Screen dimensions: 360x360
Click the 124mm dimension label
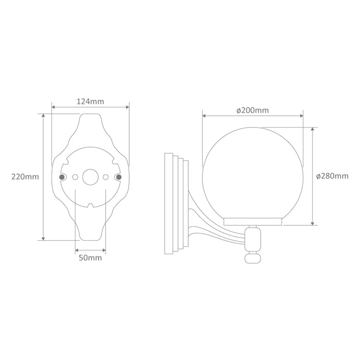tap(90, 101)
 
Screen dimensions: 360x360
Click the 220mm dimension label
tap(25, 177)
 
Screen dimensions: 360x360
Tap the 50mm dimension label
tap(90, 258)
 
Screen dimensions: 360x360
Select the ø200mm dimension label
tap(253, 111)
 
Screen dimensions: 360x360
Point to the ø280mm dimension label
tap(332, 176)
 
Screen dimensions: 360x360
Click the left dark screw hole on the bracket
tap(62, 177)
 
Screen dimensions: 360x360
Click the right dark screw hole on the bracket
tap(119, 177)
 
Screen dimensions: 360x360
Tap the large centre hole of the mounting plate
tap(91, 177)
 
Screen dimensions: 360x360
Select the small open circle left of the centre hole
tap(75, 177)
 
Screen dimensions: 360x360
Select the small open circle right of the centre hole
tap(105, 177)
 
